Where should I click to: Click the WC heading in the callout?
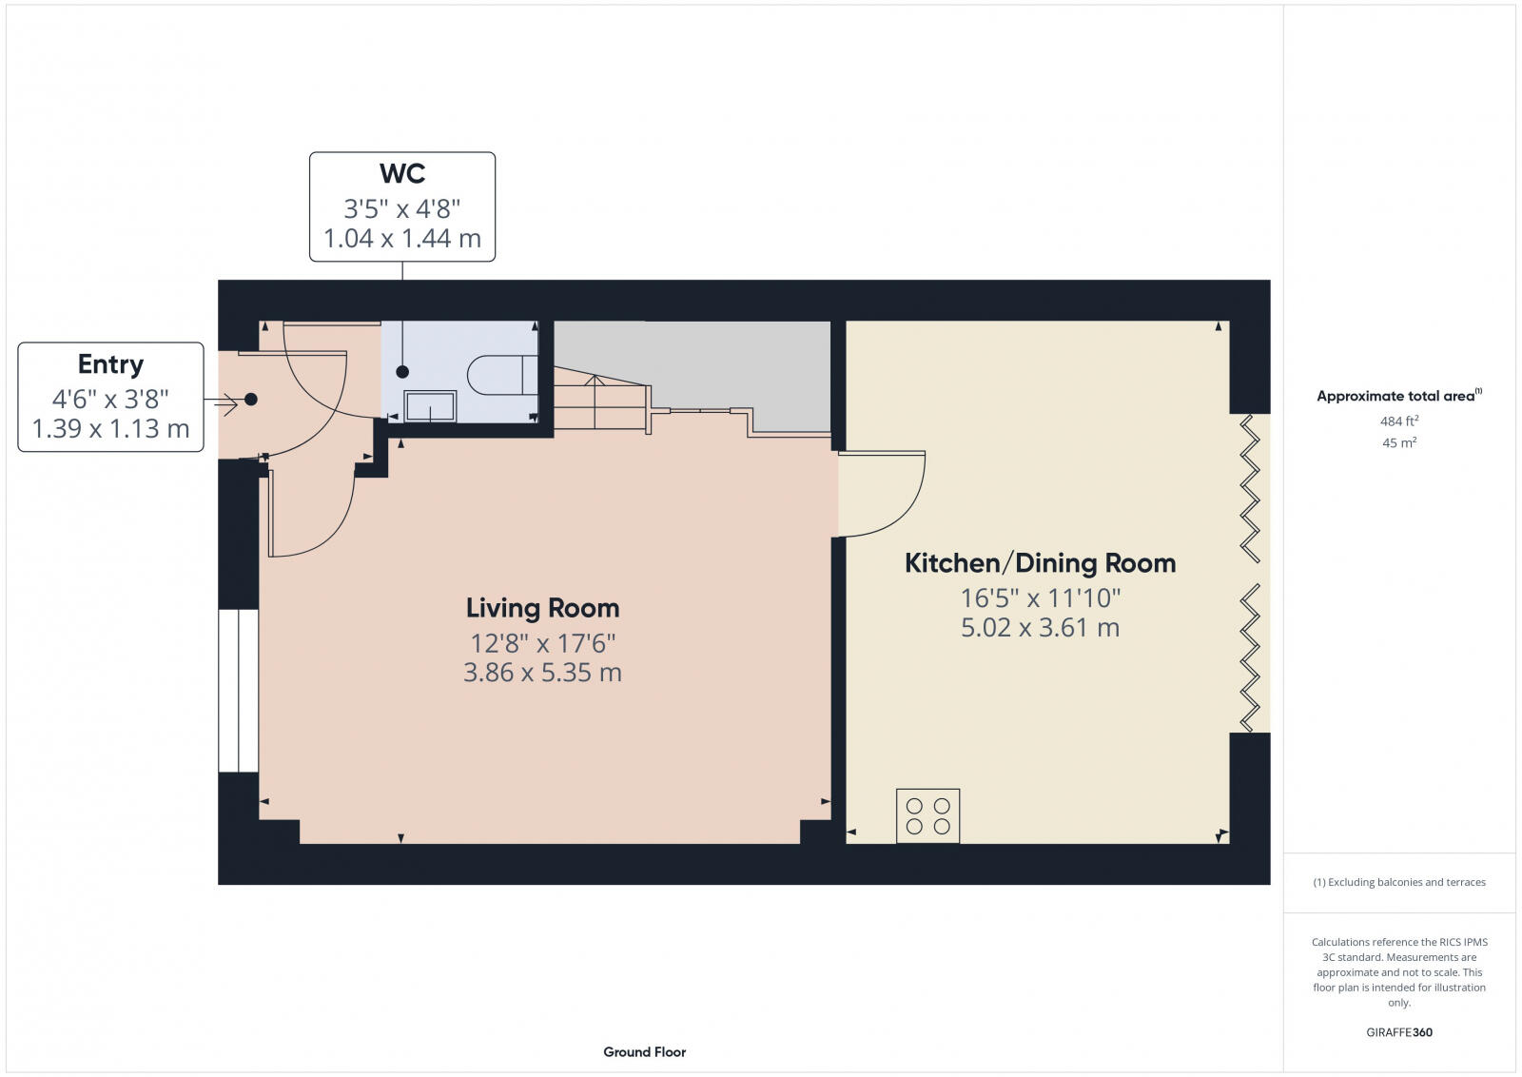point(402,174)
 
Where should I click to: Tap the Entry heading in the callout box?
point(110,364)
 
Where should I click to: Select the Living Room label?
point(542,608)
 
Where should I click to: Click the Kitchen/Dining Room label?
point(1040,563)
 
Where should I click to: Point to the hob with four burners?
point(927,815)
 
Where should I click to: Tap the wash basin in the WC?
point(430,406)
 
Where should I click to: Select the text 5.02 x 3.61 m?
point(1040,628)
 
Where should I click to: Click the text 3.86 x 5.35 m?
point(542,674)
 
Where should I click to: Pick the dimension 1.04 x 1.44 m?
point(402,239)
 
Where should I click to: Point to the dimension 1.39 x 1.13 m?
point(110,429)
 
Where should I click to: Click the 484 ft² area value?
point(1399,421)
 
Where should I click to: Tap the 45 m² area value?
point(1399,442)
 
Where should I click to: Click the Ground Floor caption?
point(644,1052)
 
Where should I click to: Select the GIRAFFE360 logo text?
point(1399,1032)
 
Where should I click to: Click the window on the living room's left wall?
point(238,691)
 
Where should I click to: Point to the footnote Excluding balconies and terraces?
point(1399,882)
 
